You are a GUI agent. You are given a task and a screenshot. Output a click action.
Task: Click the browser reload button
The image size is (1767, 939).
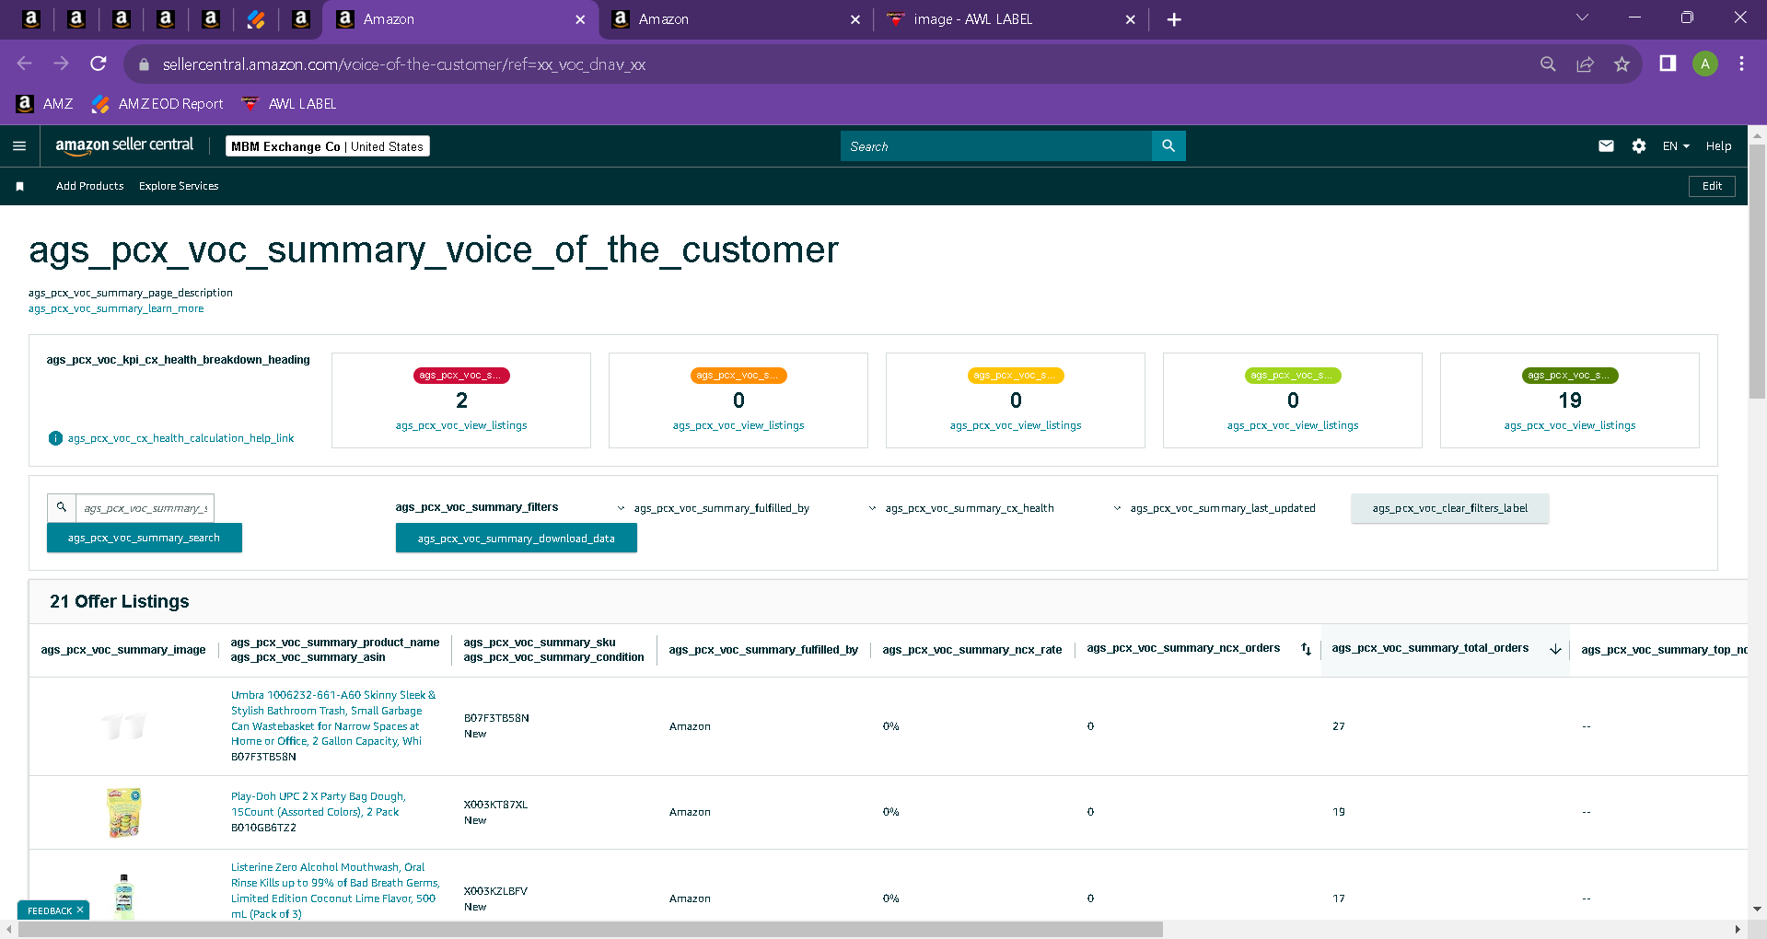[x=99, y=64]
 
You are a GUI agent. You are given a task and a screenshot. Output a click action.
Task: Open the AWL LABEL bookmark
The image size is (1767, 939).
[x=289, y=104]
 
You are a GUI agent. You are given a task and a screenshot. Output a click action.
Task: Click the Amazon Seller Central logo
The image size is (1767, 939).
[x=124, y=145]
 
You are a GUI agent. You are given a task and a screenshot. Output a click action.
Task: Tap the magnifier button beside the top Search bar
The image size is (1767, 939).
[x=1168, y=145]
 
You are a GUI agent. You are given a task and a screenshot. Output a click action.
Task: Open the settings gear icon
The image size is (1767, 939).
[x=1638, y=145]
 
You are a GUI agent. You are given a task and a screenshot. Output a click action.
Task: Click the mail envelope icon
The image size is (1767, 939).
[x=1606, y=145]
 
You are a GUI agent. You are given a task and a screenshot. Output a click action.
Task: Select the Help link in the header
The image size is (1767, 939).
[x=1718, y=145]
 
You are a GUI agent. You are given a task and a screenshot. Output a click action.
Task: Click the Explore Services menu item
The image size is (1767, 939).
[x=179, y=186]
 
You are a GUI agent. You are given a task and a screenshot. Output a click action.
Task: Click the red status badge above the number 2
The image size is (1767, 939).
[x=460, y=376]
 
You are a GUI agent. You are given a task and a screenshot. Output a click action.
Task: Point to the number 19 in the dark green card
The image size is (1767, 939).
[x=1570, y=400]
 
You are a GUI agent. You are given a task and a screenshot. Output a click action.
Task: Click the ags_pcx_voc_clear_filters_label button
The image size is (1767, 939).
[x=1449, y=508]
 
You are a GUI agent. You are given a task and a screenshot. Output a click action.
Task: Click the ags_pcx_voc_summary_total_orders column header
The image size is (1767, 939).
[x=1430, y=648]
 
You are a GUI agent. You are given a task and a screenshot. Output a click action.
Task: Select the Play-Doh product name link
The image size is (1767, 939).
[x=318, y=804]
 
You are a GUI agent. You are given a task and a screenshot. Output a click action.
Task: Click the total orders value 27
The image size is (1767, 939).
[x=1338, y=726]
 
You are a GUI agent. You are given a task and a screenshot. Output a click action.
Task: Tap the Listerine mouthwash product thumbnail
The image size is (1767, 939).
[x=124, y=897]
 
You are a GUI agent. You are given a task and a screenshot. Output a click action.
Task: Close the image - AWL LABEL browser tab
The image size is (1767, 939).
[x=1130, y=19]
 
